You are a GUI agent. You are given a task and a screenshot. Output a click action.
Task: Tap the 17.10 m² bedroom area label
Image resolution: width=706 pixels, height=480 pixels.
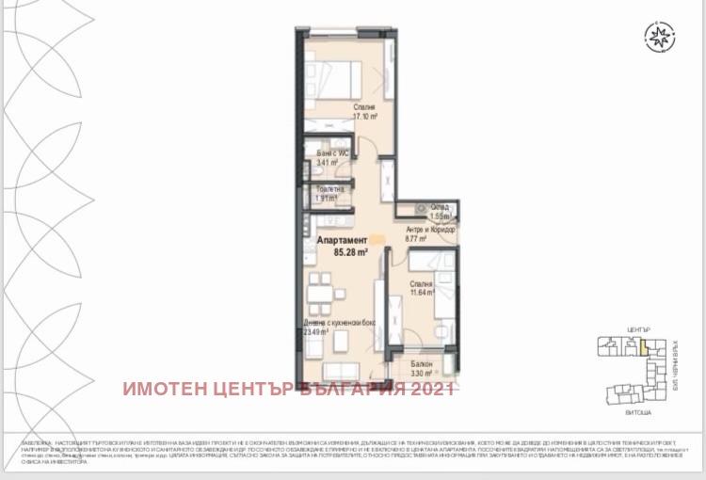(365, 118)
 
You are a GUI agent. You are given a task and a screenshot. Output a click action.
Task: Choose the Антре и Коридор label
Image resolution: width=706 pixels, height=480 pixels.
(430, 229)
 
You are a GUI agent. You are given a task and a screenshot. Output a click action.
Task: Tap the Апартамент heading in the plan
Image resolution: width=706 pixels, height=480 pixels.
(336, 241)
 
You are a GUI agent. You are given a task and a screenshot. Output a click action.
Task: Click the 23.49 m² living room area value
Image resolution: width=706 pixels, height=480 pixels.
(317, 331)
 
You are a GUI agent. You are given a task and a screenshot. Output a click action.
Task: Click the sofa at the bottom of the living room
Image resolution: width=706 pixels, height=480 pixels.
(338, 373)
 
